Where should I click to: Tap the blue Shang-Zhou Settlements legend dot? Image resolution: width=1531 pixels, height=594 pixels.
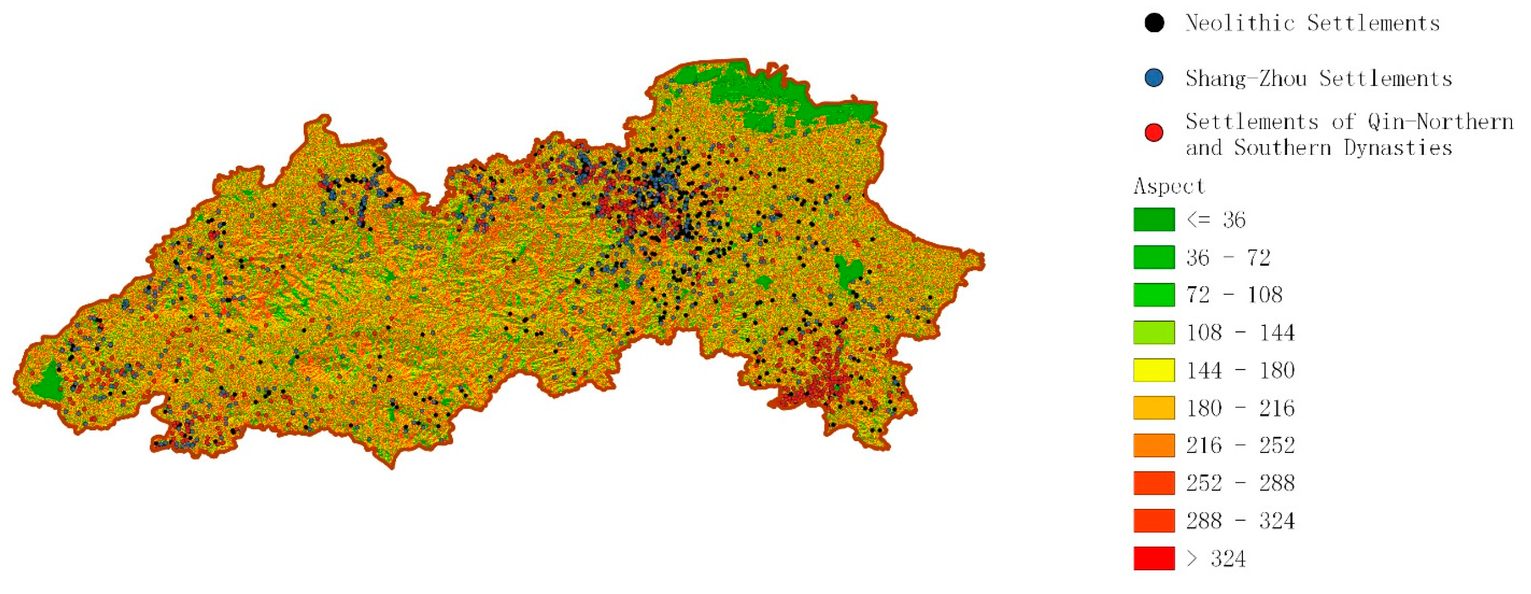(x=1153, y=78)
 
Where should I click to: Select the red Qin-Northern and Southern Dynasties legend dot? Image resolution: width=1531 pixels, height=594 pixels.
(x=1153, y=132)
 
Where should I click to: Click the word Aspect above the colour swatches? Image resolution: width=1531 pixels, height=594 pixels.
(x=1168, y=186)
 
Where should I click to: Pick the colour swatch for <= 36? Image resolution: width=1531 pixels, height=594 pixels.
(x=1153, y=220)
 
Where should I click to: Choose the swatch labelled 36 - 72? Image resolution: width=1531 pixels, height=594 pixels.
(x=1153, y=257)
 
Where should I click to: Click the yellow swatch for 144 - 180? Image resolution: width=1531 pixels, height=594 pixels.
(x=1153, y=370)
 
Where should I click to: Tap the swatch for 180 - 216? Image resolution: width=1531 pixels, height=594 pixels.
(x=1153, y=408)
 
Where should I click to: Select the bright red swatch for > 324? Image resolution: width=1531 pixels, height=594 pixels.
(x=1153, y=558)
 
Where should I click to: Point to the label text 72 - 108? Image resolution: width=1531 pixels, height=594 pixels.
(x=1234, y=295)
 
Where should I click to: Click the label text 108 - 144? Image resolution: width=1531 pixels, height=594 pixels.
(x=1240, y=332)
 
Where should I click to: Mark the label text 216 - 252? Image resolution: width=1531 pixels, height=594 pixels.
(x=1240, y=445)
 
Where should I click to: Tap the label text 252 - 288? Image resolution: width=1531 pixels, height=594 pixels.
(x=1240, y=483)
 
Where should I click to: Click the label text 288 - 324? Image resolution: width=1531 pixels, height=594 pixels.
(x=1240, y=521)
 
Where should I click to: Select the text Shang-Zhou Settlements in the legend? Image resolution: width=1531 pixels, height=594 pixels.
(x=1318, y=78)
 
